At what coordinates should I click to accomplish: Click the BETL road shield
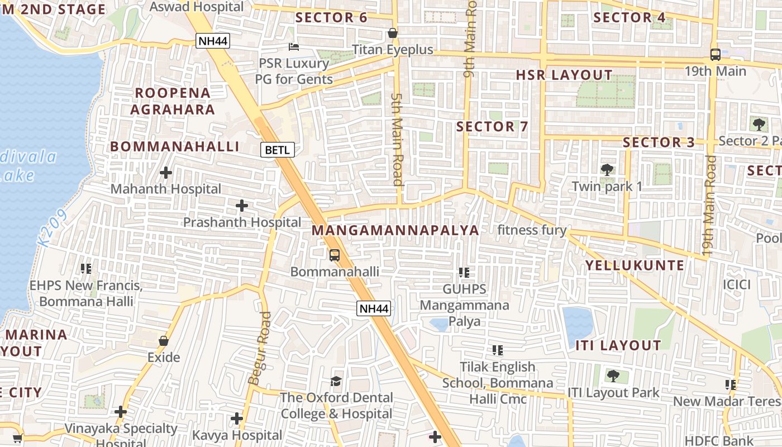click(x=277, y=150)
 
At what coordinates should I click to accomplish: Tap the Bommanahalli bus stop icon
click(x=334, y=255)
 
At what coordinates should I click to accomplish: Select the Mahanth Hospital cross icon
click(x=165, y=173)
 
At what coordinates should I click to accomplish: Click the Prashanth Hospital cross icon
click(x=241, y=206)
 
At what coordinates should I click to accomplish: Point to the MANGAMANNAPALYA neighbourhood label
click(x=395, y=230)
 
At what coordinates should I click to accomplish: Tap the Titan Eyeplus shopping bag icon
click(x=393, y=33)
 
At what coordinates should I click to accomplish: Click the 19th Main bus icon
click(x=715, y=54)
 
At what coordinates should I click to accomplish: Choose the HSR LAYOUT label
click(x=564, y=75)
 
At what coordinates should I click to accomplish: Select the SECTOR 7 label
click(x=492, y=127)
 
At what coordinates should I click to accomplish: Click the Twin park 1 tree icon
click(x=607, y=169)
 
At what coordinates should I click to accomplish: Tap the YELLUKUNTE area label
click(x=635, y=265)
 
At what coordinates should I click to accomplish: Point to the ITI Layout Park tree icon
click(x=613, y=376)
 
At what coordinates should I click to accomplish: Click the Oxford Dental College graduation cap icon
click(x=336, y=381)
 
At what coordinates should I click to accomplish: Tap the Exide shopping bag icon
click(x=164, y=341)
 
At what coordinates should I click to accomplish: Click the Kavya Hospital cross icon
click(x=237, y=418)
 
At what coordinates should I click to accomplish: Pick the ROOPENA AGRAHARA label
click(x=172, y=101)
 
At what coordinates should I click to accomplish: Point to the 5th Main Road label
click(x=397, y=139)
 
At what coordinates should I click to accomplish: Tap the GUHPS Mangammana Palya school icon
click(x=464, y=273)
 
